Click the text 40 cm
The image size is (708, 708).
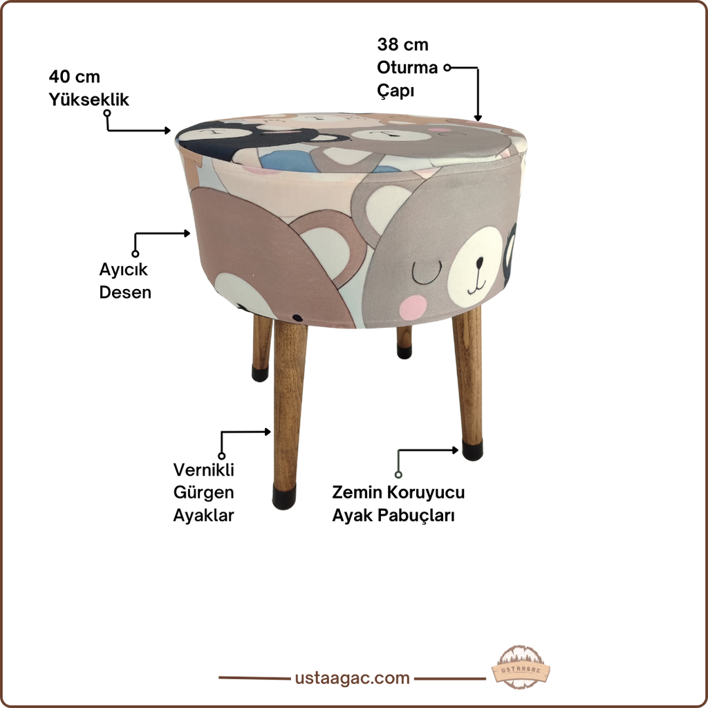(75, 77)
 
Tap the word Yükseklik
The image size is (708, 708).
(89, 100)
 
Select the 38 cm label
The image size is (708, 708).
(403, 45)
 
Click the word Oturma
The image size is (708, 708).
(407, 68)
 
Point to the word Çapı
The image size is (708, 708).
(395, 91)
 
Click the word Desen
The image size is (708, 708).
(125, 292)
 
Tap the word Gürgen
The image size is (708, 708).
(204, 492)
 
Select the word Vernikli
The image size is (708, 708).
(204, 470)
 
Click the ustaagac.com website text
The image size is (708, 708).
(352, 678)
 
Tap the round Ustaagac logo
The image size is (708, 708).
(521, 667)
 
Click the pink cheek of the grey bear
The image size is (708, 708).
(413, 308)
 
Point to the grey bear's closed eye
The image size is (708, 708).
(427, 272)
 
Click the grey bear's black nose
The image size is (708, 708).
(479, 262)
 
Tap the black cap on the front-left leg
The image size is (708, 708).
(284, 497)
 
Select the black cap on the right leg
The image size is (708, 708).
(472, 450)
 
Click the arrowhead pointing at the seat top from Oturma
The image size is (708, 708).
(478, 118)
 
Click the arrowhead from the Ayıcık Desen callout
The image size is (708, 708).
(187, 233)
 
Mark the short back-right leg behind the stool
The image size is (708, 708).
(404, 342)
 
